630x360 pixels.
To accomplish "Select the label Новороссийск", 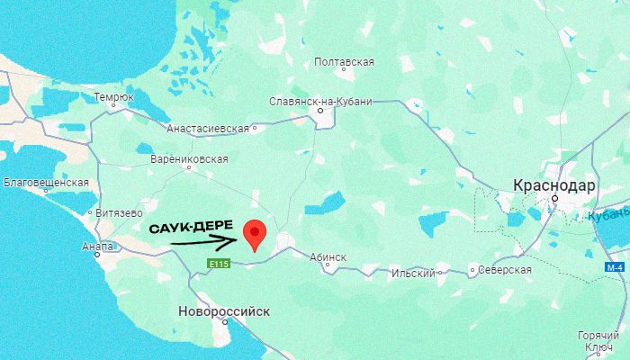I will pos(224,311).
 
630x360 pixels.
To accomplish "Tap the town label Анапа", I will pos(97,247).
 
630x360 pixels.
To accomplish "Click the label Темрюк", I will pos(113,96).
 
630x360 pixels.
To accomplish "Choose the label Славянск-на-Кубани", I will pos(320,102).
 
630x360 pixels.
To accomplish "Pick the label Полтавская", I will pos(344,62).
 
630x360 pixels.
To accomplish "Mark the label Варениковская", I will pos(188,158).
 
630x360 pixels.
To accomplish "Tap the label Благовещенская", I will pos(46,183).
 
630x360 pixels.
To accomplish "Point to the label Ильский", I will pos(415,273).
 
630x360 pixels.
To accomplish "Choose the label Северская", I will pos(505,269).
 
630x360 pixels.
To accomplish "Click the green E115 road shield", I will pos(219,264).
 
